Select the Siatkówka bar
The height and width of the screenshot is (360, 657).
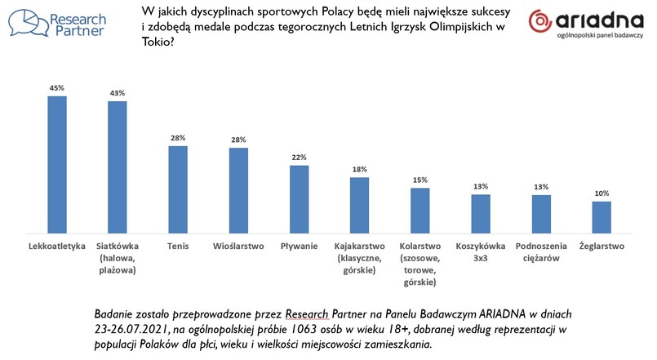(118, 167)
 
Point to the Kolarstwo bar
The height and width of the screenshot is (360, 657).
(420, 211)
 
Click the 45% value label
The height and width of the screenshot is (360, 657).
(57, 88)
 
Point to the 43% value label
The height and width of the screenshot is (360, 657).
(118, 93)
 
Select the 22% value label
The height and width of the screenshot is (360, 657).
(300, 158)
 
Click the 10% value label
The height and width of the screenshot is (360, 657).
(602, 193)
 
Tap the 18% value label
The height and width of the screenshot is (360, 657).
(360, 169)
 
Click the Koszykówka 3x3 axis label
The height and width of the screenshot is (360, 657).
(481, 251)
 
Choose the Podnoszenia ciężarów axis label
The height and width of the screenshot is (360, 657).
(541, 251)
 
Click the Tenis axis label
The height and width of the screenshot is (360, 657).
(179, 245)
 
